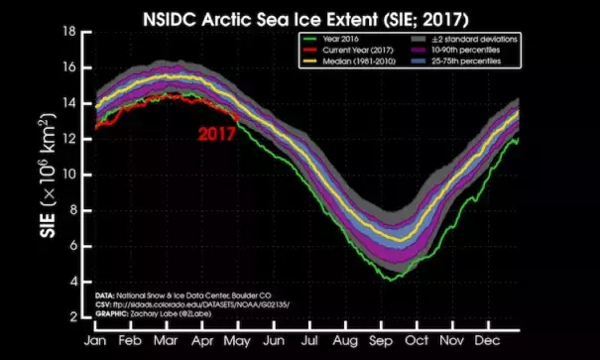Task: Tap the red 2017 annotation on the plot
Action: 215,133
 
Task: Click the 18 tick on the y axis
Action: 71,32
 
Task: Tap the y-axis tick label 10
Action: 71,175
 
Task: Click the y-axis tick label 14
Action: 71,103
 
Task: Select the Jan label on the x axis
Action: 97,338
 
